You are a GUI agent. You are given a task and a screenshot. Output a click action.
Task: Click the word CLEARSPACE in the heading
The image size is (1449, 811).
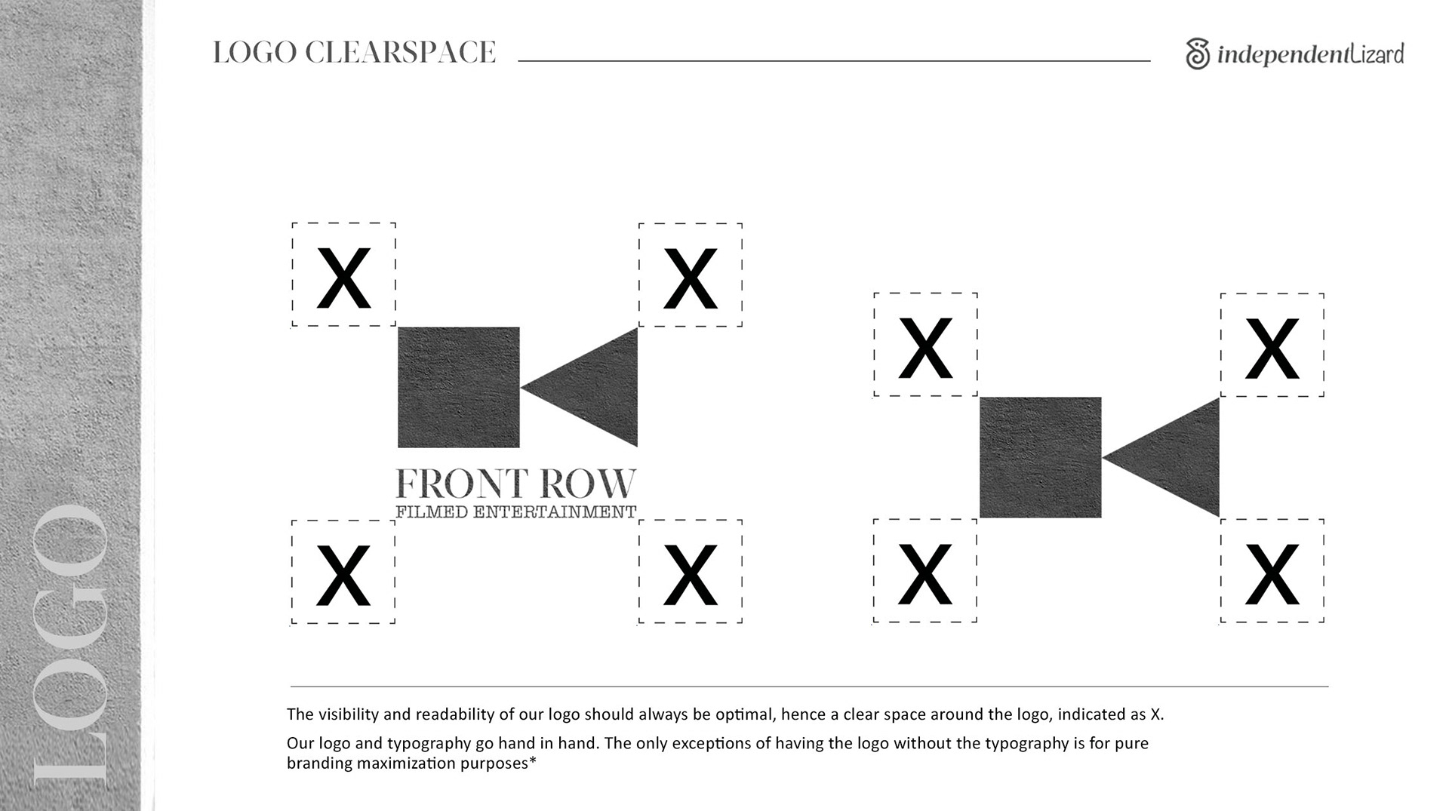coord(400,53)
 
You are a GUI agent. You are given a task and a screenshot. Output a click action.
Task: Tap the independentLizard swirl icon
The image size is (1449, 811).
coord(1198,54)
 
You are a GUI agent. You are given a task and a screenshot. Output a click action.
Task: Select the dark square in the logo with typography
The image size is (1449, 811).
coord(459,387)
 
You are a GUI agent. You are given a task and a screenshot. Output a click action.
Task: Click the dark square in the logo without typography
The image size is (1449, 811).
coord(1040,457)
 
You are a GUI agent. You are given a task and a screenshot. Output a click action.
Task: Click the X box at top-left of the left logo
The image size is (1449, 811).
coord(343,275)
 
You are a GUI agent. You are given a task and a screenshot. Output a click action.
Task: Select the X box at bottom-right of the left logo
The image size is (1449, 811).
coord(690,572)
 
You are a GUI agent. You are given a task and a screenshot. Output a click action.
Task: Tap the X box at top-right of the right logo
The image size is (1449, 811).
coord(1272,346)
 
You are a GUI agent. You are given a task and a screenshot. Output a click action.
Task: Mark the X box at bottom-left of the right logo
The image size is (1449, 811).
coord(924,571)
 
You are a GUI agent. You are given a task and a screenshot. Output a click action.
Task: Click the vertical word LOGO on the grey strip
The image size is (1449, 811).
coord(72,641)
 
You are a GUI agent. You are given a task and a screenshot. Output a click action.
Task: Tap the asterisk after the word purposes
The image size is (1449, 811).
coord(533,761)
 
